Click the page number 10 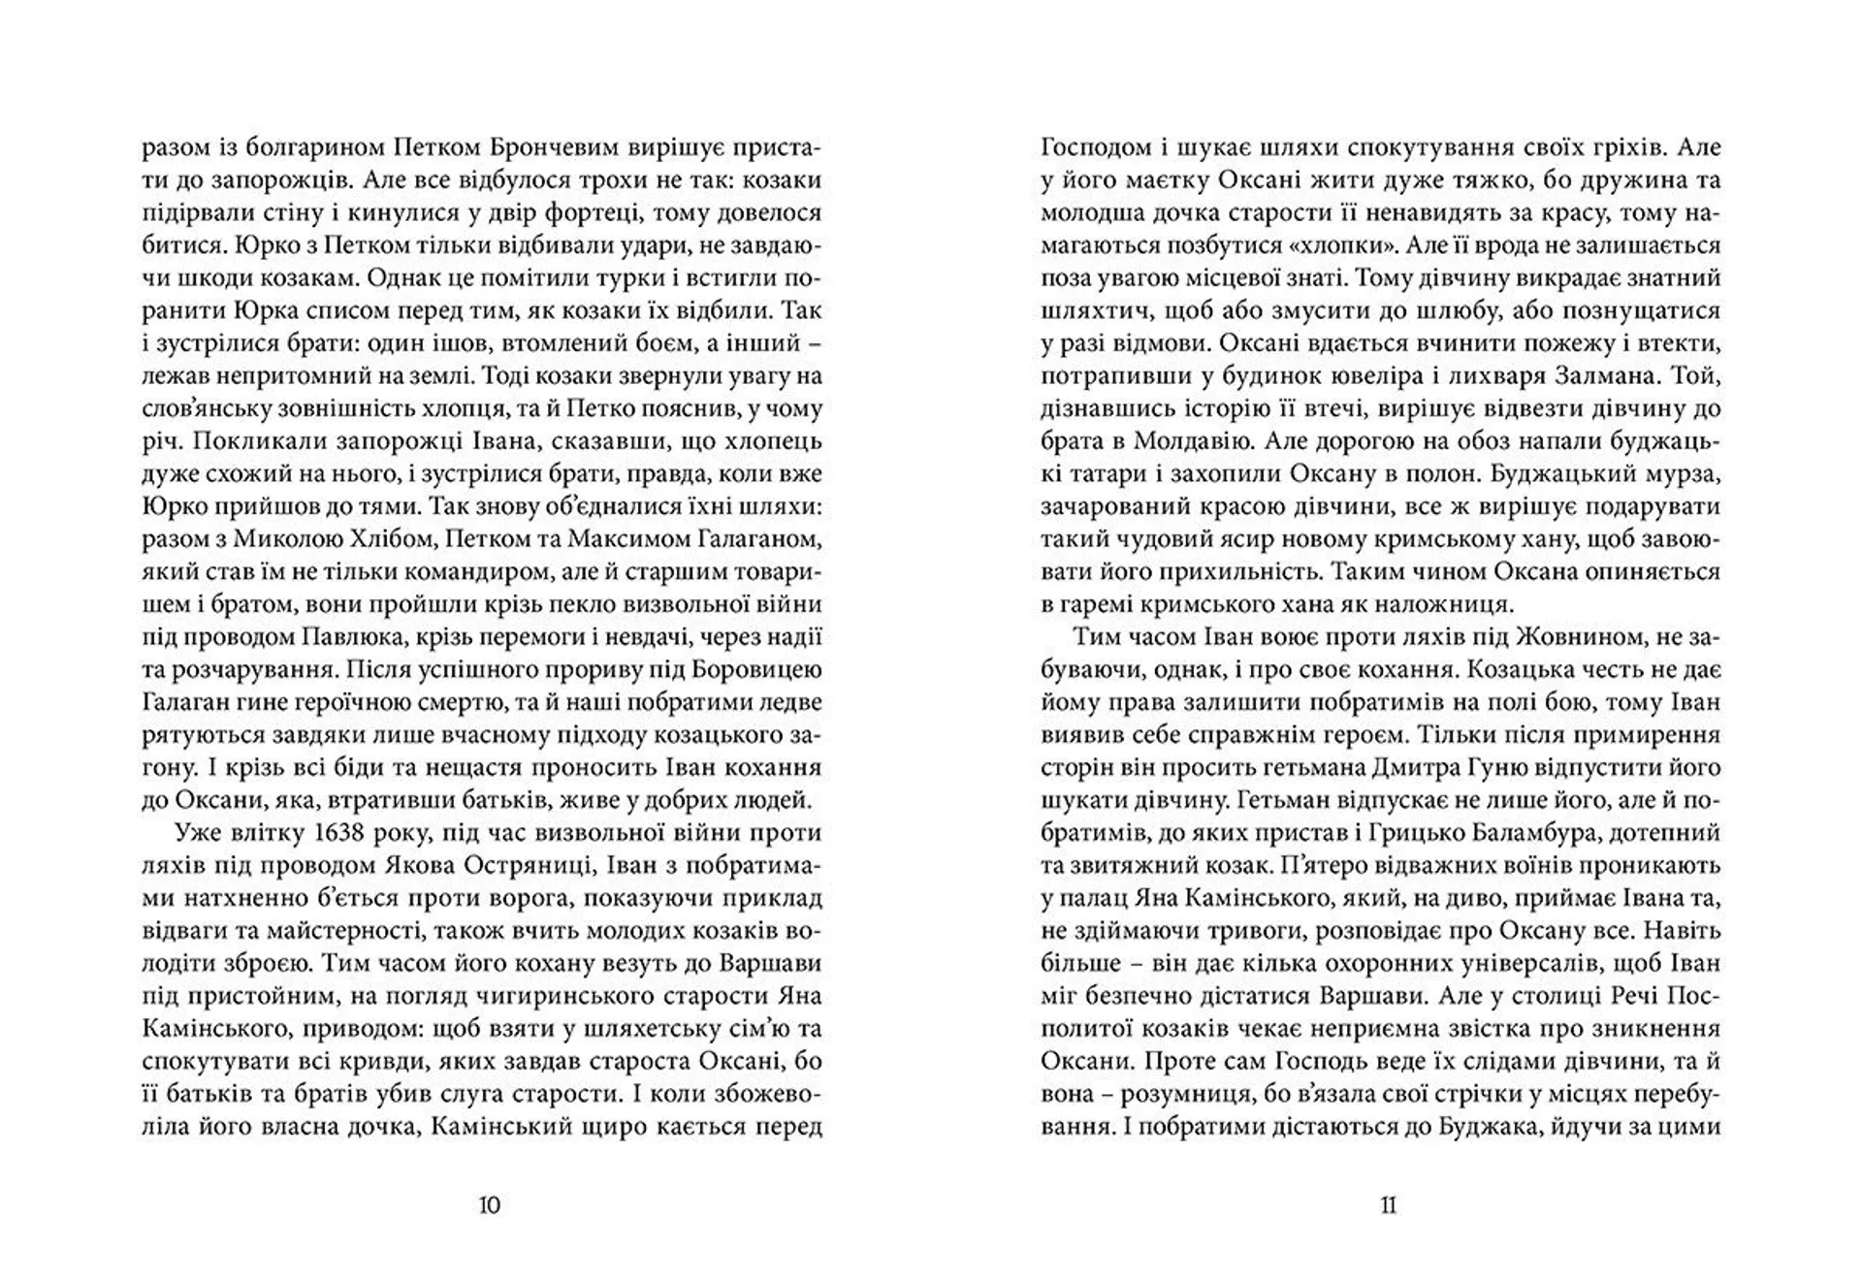click(x=490, y=1205)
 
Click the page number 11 click(x=1388, y=1205)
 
